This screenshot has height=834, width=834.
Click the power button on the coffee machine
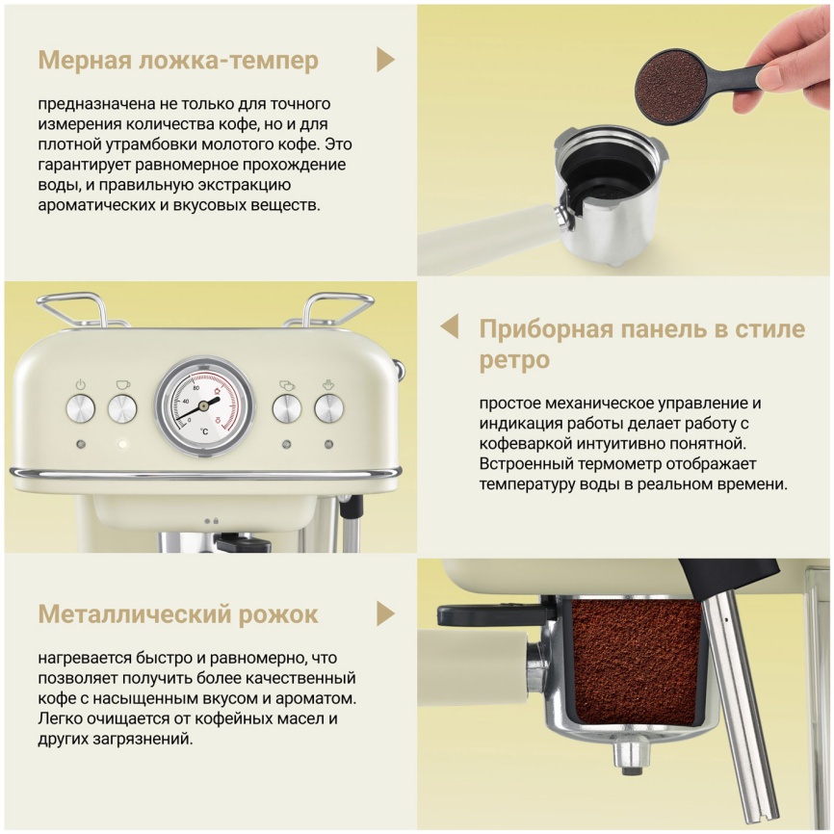[x=80, y=408]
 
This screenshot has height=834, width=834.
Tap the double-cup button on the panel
[x=287, y=408]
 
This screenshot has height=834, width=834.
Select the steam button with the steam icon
[x=329, y=408]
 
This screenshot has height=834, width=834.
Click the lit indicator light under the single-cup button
[x=122, y=445]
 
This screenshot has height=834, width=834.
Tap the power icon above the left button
[x=80, y=384]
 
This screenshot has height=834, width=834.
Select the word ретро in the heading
[x=514, y=360]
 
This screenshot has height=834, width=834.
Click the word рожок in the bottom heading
[x=274, y=613]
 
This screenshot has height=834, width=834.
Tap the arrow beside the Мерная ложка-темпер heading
[x=385, y=60]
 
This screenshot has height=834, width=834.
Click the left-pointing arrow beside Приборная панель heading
[x=450, y=326]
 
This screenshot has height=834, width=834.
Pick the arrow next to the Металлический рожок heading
[x=385, y=613]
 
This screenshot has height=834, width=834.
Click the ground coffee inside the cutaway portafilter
[x=637, y=660]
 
